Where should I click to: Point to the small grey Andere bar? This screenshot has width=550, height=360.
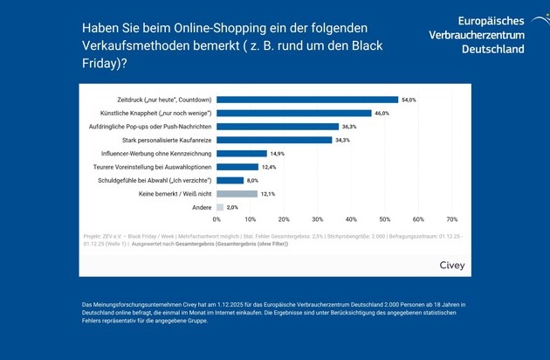[220, 207]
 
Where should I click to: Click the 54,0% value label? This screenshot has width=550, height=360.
[409, 100]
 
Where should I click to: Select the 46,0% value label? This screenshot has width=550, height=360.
[382, 113]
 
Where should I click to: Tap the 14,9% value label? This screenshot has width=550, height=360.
[278, 153]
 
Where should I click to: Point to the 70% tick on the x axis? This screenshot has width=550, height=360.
[451, 220]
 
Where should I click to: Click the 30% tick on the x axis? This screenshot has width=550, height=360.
[318, 220]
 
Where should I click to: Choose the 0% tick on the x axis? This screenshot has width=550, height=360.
[217, 220]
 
